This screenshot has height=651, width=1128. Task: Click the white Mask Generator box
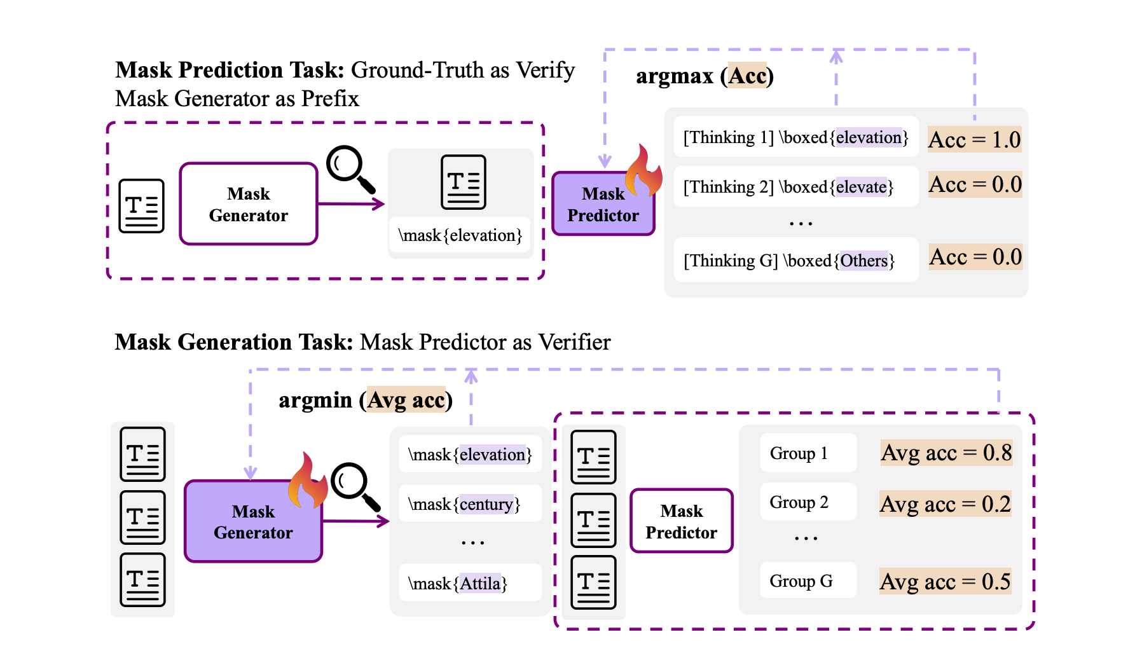click(x=248, y=204)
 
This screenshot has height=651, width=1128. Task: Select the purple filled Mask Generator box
click(x=253, y=522)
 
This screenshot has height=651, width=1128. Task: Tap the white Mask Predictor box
click(x=681, y=521)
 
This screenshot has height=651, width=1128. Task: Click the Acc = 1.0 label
click(x=974, y=140)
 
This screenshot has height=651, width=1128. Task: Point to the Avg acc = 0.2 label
click(x=945, y=504)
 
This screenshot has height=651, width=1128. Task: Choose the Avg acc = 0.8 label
click(x=946, y=453)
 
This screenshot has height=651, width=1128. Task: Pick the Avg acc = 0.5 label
click(x=945, y=582)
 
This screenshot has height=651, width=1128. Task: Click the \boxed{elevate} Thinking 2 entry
click(x=788, y=187)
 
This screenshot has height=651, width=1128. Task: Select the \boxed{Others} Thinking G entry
click(x=789, y=261)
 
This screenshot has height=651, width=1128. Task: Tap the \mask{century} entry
click(x=464, y=504)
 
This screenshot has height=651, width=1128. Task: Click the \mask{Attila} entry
click(x=458, y=584)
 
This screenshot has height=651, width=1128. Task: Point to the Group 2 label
click(x=799, y=502)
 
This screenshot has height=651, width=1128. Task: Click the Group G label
click(x=801, y=581)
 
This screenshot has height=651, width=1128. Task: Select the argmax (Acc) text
click(x=705, y=76)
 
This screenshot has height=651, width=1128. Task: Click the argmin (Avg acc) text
click(x=366, y=400)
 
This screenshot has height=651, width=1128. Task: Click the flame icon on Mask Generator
click(x=308, y=481)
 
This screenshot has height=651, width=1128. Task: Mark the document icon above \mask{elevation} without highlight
click(x=464, y=182)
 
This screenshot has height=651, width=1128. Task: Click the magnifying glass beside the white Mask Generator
click(x=350, y=169)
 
